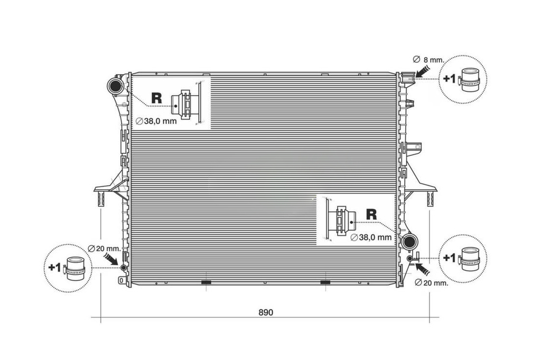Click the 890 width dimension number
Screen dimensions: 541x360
[266, 312]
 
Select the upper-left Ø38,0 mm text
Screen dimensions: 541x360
[156, 121]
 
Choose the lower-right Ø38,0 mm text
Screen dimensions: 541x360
[371, 237]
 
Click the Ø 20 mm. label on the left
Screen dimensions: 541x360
[104, 248]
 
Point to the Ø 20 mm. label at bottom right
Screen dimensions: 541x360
[431, 283]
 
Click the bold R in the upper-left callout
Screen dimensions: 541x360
[156, 98]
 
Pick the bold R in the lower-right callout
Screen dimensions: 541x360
[371, 214]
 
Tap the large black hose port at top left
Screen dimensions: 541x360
[115, 86]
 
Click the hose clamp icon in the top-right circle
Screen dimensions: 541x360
[469, 80]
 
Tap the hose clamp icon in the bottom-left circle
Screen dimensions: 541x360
[74, 269]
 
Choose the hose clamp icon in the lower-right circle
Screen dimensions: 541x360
[469, 258]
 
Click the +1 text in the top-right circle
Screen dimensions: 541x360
[450, 79]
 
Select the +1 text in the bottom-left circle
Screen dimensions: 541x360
[54, 267]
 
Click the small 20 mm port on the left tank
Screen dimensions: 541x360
[123, 268]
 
